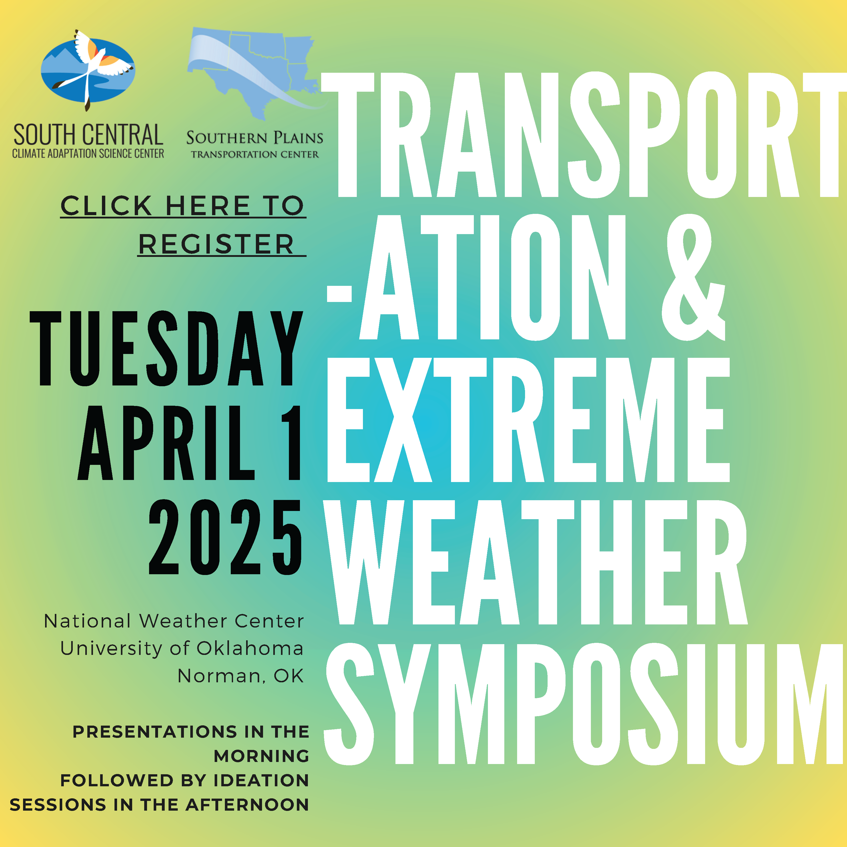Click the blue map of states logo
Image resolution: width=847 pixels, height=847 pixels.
click(x=256, y=72)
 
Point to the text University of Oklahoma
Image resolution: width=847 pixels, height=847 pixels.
click(x=182, y=649)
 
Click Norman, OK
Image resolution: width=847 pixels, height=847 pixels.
click(x=240, y=676)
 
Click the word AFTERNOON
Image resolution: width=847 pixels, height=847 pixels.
click(x=247, y=805)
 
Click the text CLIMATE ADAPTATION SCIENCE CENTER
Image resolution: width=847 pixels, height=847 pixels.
click(x=88, y=153)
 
